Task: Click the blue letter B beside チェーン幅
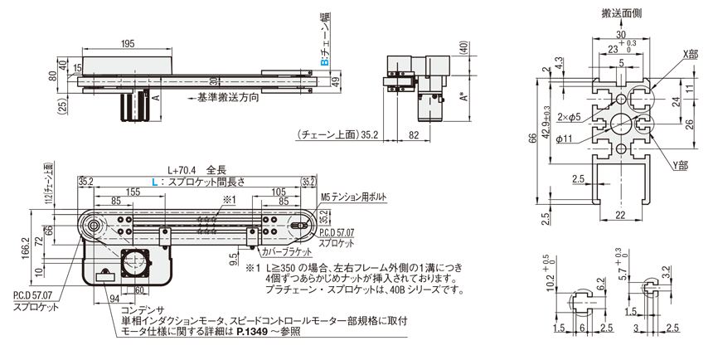click(x=326, y=61)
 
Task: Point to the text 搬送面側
click(x=620, y=13)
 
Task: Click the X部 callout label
click(x=689, y=53)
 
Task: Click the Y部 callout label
click(x=681, y=166)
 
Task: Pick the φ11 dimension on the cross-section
click(x=588, y=138)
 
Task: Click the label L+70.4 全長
click(x=191, y=168)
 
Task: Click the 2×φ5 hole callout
click(x=589, y=116)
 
